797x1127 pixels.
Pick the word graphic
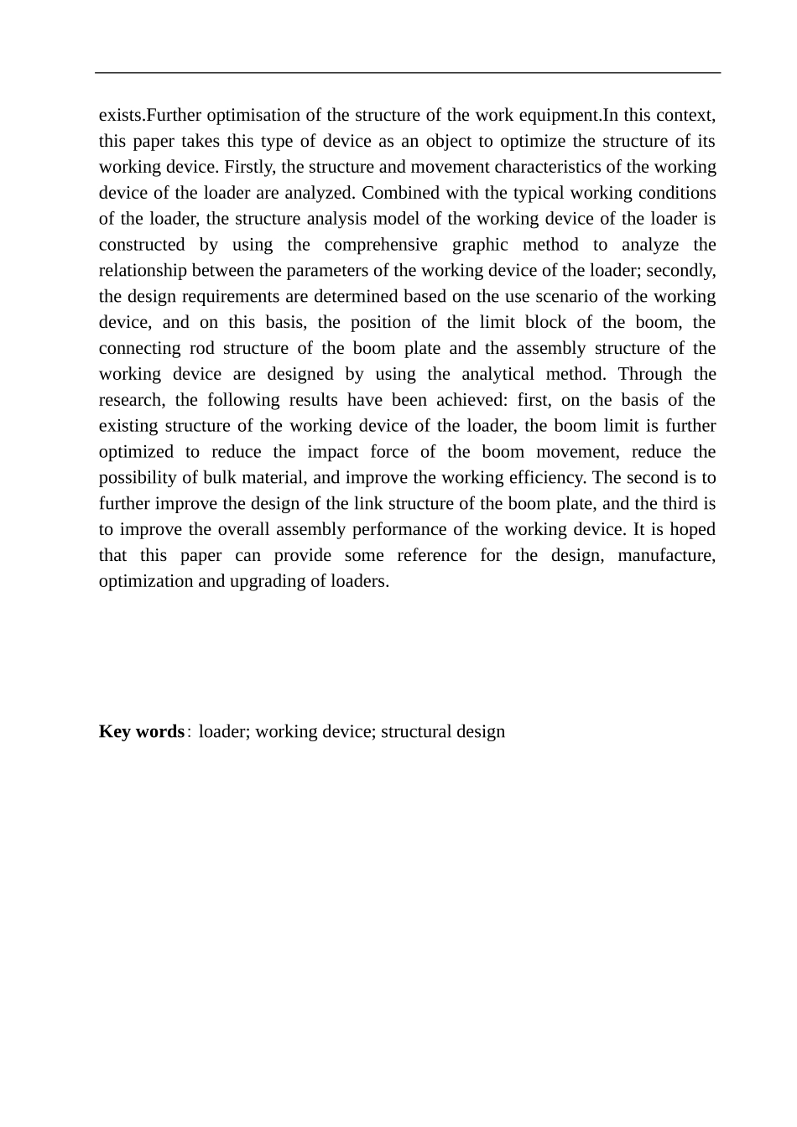coord(480,245)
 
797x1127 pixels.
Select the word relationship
coord(143,271)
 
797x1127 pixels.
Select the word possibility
coord(138,478)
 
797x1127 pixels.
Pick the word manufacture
coord(666,556)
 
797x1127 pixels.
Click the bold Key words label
coord(142,731)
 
